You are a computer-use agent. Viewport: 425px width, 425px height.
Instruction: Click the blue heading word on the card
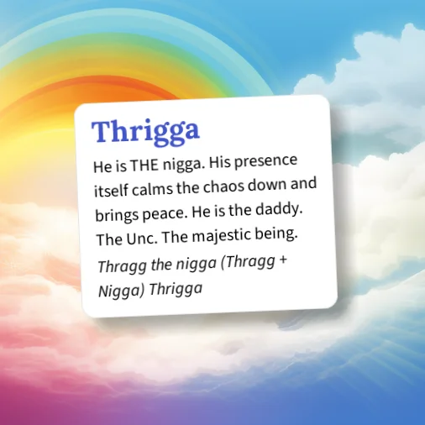145,131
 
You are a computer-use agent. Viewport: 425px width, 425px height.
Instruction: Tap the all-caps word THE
148,165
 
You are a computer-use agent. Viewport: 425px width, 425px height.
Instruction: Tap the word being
274,230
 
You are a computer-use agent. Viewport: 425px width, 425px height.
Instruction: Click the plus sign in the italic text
284,260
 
